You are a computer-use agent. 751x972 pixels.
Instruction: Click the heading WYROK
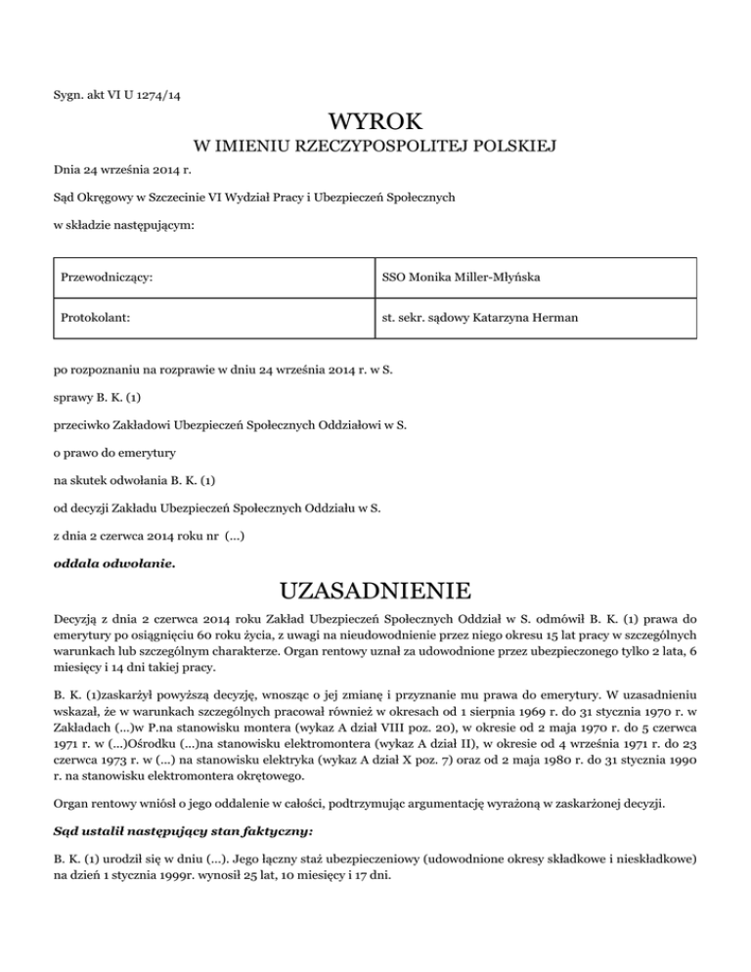point(375,124)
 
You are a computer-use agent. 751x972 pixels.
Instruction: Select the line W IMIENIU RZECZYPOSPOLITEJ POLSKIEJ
point(375,148)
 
